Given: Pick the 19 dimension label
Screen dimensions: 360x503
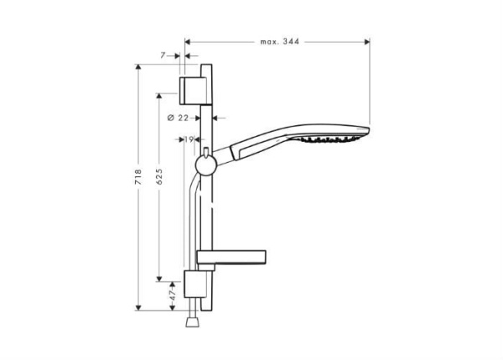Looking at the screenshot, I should tap(189, 139).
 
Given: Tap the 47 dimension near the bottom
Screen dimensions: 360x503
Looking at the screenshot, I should tap(173, 296).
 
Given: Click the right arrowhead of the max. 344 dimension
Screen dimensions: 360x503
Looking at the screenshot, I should tap(366, 40).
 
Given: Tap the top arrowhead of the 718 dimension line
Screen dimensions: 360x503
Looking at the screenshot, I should tap(139, 67).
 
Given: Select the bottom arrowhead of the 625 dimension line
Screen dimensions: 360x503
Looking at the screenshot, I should tap(159, 278).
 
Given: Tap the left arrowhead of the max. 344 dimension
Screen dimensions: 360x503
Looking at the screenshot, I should tap(187, 40).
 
